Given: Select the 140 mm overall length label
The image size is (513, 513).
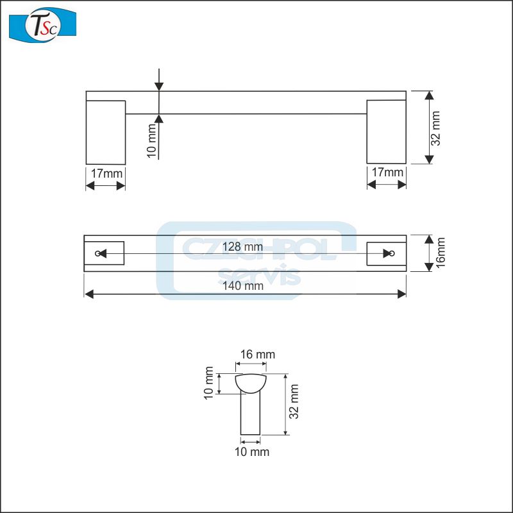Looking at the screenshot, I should [245, 286].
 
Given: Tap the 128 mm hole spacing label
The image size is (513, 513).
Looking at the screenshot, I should [242, 246].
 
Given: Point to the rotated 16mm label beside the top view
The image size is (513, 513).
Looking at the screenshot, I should [440, 253].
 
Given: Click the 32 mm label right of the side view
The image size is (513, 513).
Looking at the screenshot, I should [436, 128].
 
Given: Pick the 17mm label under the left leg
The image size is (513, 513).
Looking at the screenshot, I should [105, 172].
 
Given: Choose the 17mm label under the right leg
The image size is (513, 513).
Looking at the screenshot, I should [387, 172].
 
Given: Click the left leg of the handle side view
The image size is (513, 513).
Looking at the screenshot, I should [105, 131].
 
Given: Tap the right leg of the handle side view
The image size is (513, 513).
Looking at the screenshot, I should [386, 131].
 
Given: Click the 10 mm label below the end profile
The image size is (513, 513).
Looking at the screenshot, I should [251, 452].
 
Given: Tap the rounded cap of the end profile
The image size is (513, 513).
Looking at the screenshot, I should [250, 383].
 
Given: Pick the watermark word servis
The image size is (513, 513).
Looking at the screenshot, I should [260, 276].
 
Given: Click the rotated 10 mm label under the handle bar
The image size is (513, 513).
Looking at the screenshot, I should [151, 142].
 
